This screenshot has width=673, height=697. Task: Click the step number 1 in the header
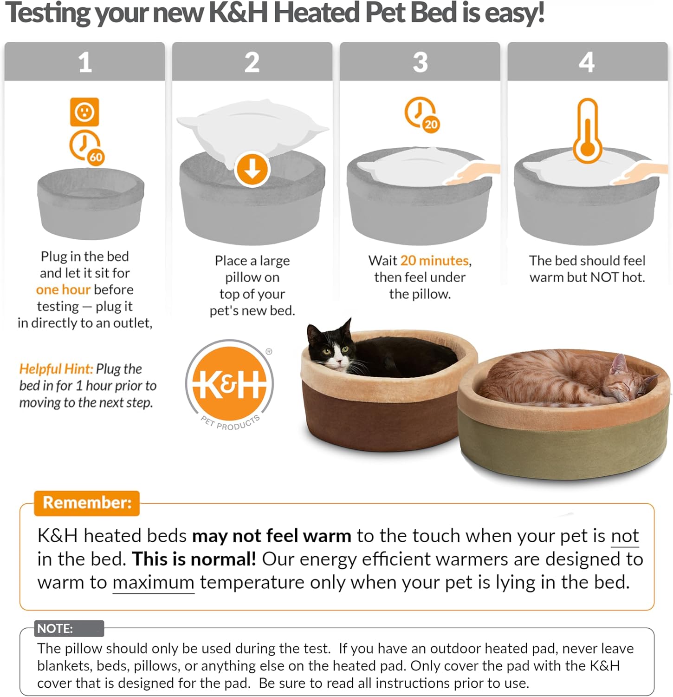[x=84, y=62]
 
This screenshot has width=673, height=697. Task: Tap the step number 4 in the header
[x=587, y=62]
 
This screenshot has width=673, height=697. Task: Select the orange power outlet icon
[x=84, y=112]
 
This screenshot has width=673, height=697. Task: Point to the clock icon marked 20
[x=421, y=113]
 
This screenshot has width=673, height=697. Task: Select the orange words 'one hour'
[x=63, y=289]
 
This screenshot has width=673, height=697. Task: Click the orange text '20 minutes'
[x=434, y=260]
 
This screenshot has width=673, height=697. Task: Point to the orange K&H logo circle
[x=229, y=384]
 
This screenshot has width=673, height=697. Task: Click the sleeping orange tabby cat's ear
[x=619, y=363]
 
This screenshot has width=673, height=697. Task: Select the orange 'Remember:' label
[x=87, y=503]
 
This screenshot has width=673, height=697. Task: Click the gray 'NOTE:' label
[x=55, y=629]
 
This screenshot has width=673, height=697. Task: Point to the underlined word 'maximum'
[x=153, y=582]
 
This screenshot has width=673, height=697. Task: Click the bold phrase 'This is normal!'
[x=194, y=559]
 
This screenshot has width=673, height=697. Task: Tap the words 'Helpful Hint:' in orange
[x=56, y=369]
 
